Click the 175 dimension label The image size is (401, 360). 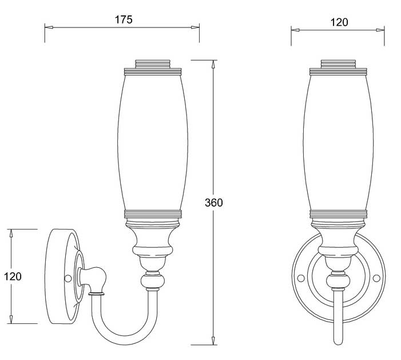click(x=124, y=19)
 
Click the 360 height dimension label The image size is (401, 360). click(x=214, y=203)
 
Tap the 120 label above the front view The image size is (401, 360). click(x=339, y=22)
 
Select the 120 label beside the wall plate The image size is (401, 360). click(x=13, y=276)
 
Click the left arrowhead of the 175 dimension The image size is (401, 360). click(x=49, y=27)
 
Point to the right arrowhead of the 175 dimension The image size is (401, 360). click(x=195, y=27)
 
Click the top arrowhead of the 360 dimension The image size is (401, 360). click(x=213, y=64)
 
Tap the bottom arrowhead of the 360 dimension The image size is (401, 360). click(x=213, y=341)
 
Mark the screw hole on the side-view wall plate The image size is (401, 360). click(x=68, y=278)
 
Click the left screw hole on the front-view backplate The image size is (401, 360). click(x=301, y=278)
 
